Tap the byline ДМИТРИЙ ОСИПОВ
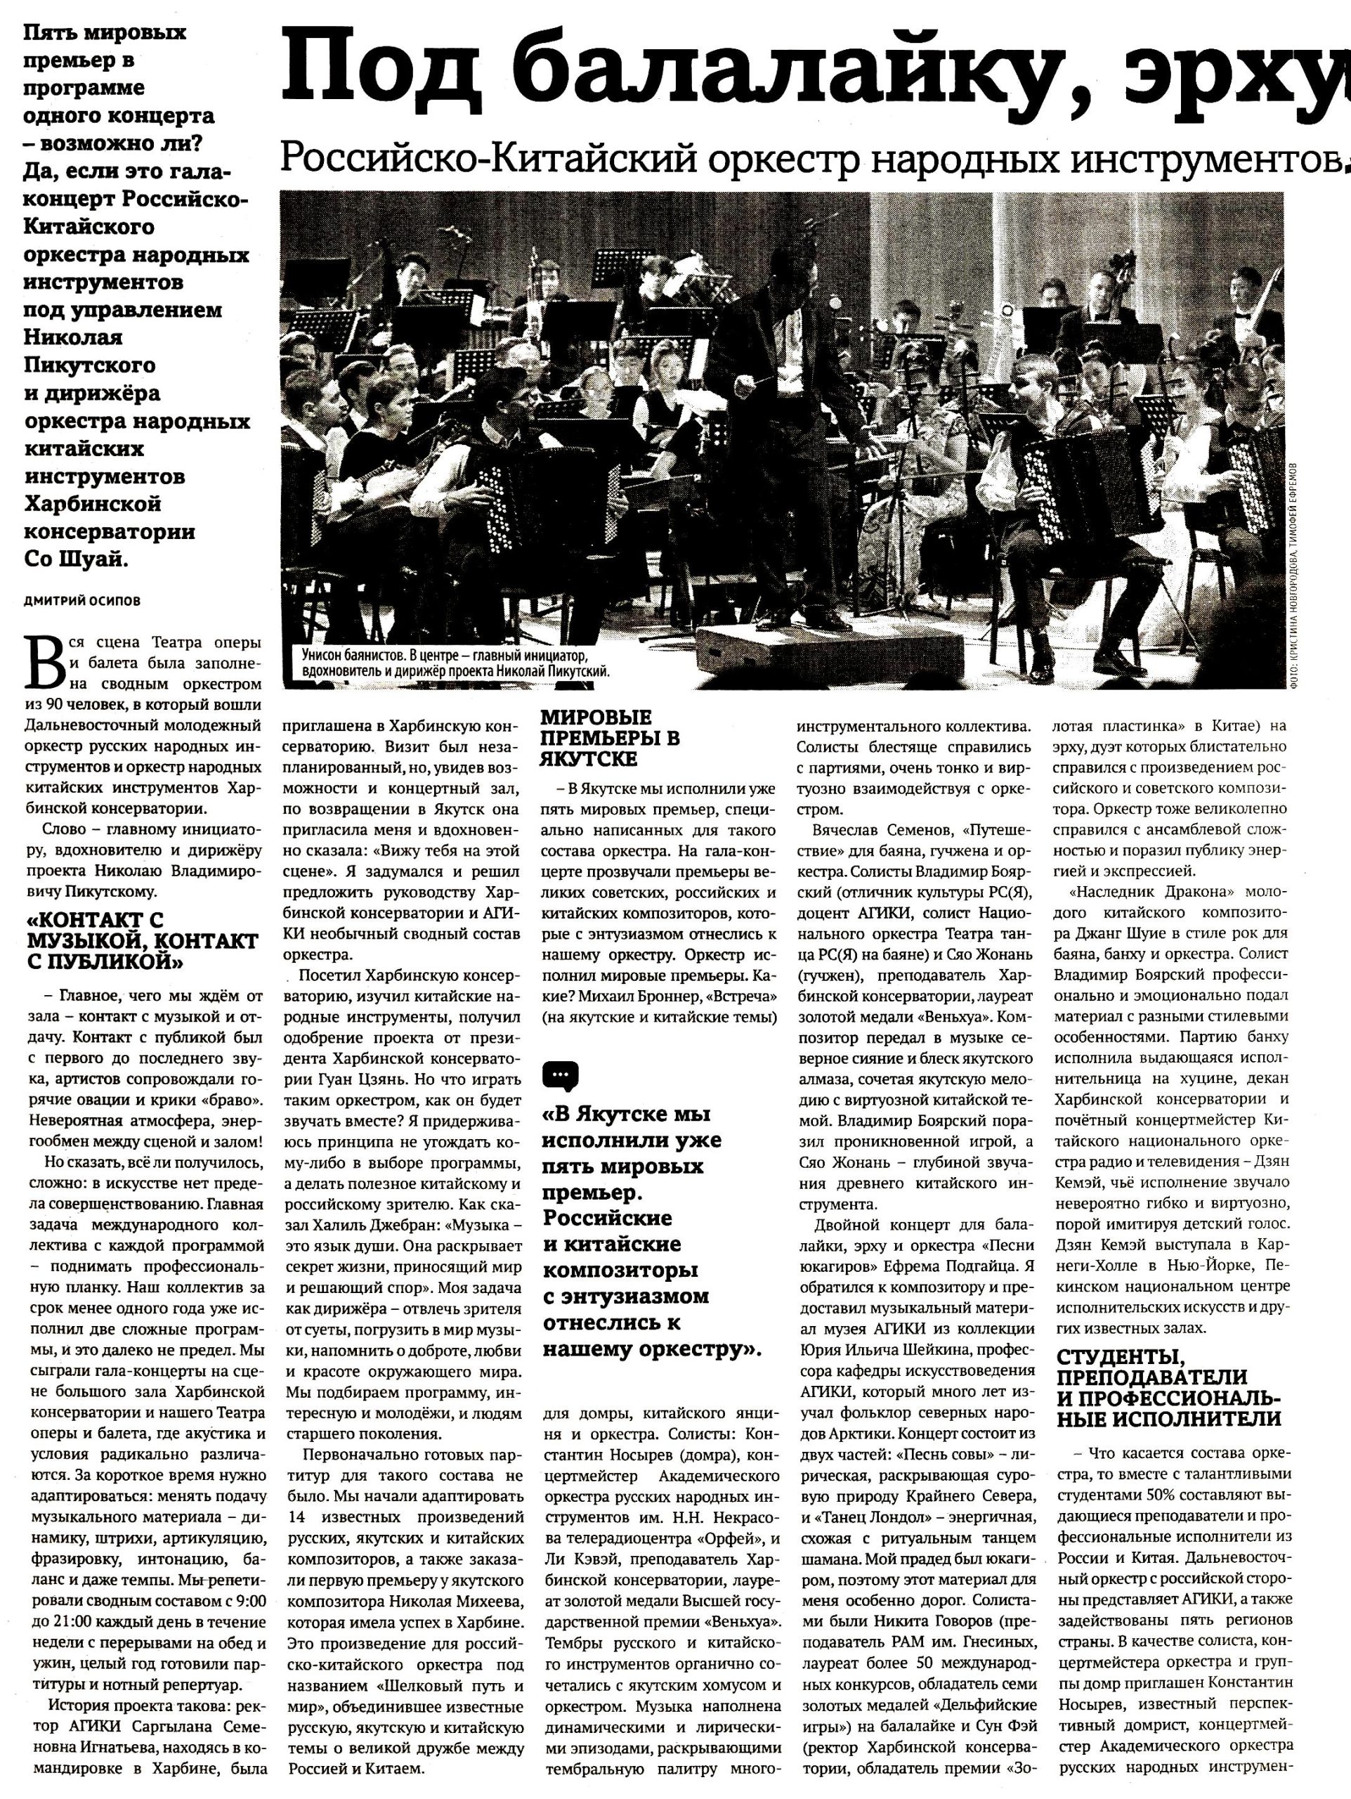(81, 601)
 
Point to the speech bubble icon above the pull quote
(561, 1076)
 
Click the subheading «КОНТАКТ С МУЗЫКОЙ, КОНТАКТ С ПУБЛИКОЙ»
(142, 940)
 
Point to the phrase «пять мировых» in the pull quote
(622, 1167)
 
